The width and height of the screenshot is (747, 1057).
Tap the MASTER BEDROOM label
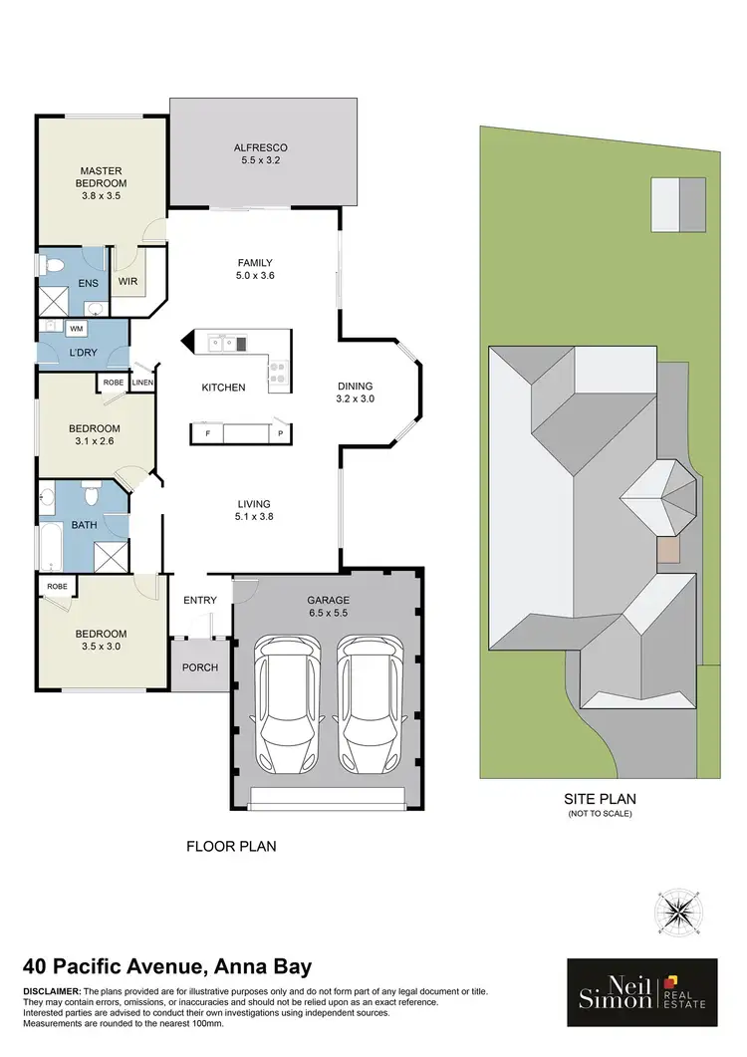click(102, 183)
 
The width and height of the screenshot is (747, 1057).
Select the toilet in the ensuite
click(57, 265)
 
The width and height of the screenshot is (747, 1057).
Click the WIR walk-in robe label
click(127, 282)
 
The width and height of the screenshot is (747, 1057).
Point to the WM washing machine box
click(77, 327)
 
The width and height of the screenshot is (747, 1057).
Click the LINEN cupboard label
click(142, 381)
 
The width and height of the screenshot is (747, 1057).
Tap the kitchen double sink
click(223, 344)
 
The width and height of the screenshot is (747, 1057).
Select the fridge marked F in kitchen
click(207, 433)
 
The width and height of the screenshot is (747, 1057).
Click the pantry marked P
click(280, 433)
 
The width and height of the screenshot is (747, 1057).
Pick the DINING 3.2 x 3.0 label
click(355, 393)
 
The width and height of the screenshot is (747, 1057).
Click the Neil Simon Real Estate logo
click(641, 992)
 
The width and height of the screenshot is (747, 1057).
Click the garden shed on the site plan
click(678, 203)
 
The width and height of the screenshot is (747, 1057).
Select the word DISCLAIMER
click(51, 991)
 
